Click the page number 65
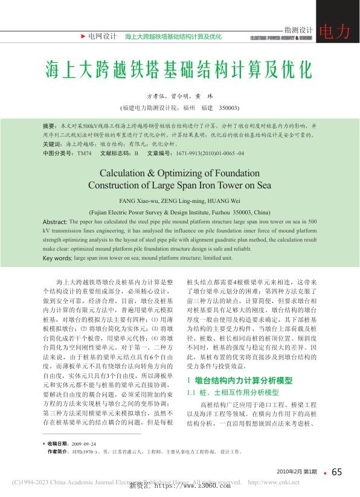tap(336, 472)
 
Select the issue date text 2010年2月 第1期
tap(297, 472)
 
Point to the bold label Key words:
tap(57, 258)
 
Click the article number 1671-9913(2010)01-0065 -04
tap(204, 153)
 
